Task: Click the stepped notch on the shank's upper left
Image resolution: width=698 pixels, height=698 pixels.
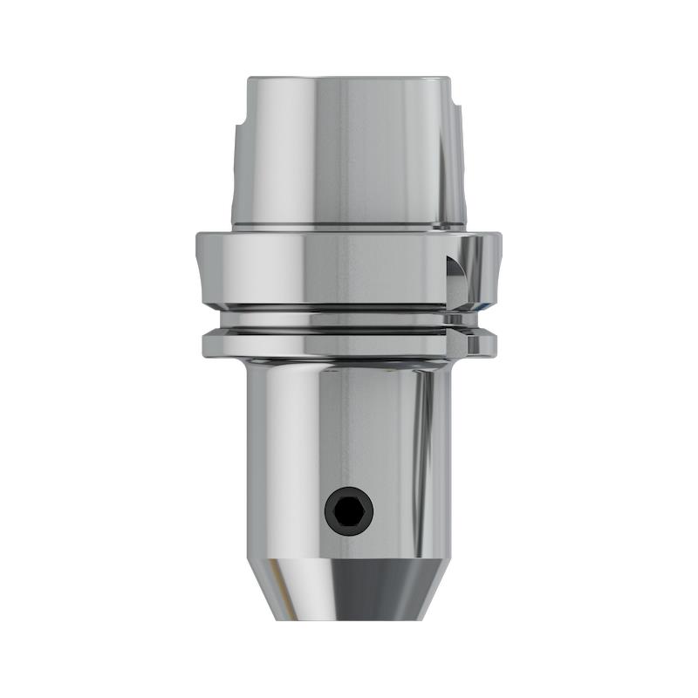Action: pyautogui.click(x=238, y=131)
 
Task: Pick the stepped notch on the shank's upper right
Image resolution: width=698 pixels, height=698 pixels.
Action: pyautogui.click(x=460, y=131)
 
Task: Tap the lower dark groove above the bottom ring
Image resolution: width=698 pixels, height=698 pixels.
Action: pyautogui.click(x=349, y=329)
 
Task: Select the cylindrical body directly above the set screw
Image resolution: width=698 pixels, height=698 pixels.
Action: pyautogui.click(x=349, y=428)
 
